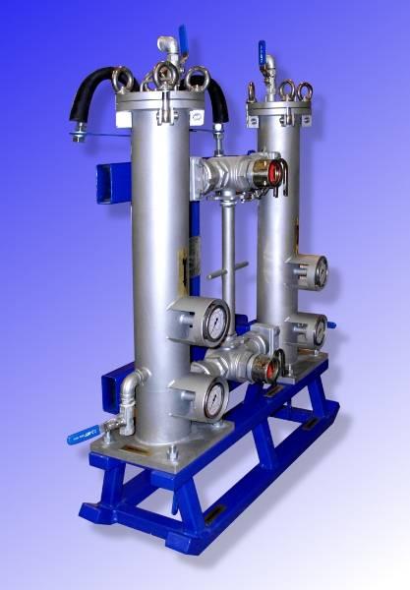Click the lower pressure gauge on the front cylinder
[x=210, y=398]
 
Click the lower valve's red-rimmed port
[x=267, y=368]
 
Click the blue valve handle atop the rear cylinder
[x=262, y=48]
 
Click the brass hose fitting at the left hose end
[x=78, y=132]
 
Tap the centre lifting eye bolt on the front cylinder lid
[x=167, y=73]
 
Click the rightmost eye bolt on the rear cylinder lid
[x=305, y=92]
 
